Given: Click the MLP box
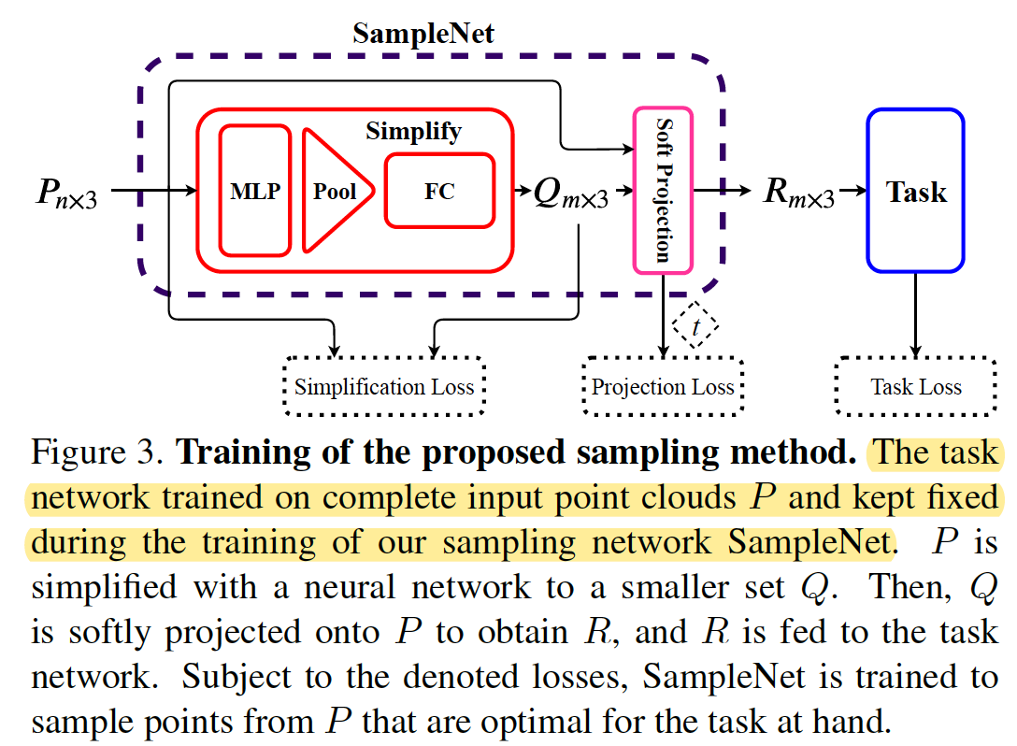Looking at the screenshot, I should (255, 191).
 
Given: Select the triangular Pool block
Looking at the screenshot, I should (333, 191).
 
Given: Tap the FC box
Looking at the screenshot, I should (439, 191).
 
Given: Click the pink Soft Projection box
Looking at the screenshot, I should (663, 191).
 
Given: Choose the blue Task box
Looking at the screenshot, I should (915, 191).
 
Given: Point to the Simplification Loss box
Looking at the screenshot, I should (384, 387).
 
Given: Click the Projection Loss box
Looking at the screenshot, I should (663, 387).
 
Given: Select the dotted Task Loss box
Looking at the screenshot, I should (915, 387).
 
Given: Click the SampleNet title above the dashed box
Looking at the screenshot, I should (423, 35).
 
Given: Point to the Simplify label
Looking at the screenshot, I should (413, 131).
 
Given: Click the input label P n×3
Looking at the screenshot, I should (65, 193).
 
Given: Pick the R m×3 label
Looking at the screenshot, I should (797, 194).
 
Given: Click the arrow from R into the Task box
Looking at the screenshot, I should (851, 192).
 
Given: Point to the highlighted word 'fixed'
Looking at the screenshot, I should (963, 499).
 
